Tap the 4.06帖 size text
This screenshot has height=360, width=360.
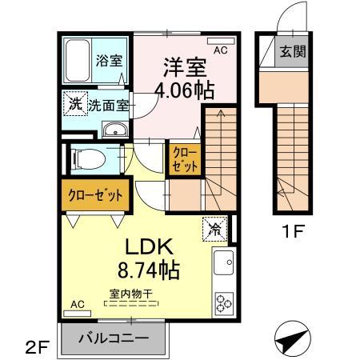click(186, 90)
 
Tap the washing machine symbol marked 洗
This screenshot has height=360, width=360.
click(74, 102)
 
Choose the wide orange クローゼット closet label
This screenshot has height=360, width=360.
click(94, 195)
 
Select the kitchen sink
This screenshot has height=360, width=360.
click(223, 262)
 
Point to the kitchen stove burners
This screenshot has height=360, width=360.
click(223, 303)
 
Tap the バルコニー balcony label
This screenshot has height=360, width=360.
click(113, 338)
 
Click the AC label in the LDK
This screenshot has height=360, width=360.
click(78, 305)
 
